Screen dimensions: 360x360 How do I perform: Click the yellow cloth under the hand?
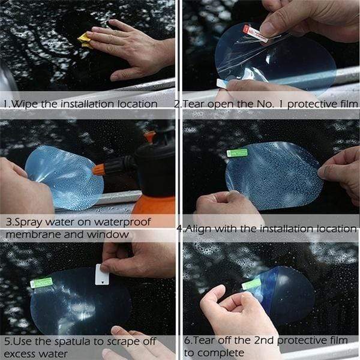(x=85, y=40)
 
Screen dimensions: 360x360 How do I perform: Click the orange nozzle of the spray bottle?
(x=99, y=169)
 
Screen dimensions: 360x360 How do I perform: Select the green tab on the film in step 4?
(x=237, y=153)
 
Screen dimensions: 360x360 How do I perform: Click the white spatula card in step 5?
(x=102, y=275)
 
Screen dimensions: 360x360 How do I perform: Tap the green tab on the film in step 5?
(x=41, y=283)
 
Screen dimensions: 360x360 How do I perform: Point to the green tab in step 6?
(x=251, y=284)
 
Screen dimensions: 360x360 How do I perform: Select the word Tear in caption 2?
(x=194, y=104)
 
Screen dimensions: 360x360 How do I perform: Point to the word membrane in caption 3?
(x=31, y=234)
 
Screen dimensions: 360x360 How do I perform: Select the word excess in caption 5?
(x=23, y=353)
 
